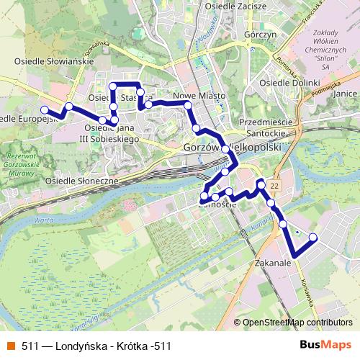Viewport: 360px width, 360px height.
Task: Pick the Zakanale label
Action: click(272, 264)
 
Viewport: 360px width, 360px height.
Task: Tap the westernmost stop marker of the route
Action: click(45, 110)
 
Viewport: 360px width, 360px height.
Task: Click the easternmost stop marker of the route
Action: click(313, 237)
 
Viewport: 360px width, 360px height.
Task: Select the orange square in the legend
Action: click(11, 346)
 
